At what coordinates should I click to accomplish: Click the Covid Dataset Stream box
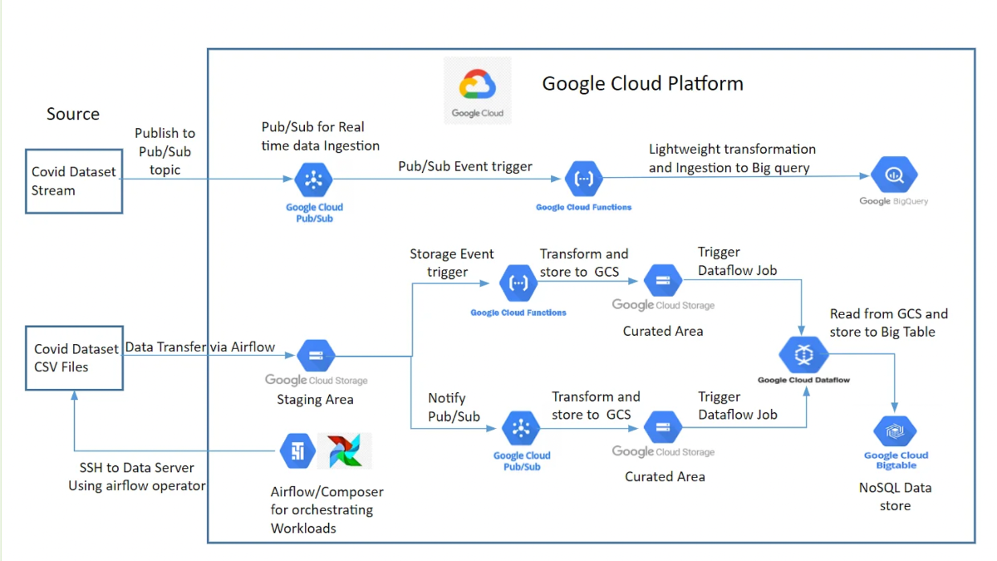(74, 181)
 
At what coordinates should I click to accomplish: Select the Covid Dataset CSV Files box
(74, 357)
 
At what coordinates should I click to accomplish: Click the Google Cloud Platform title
(642, 83)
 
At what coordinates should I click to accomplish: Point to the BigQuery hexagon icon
(894, 175)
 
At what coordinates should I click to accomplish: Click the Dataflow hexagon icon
(803, 355)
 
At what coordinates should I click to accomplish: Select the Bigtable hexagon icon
(895, 432)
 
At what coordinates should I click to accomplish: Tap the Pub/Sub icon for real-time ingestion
(314, 179)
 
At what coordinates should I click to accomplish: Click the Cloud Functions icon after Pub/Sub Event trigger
(583, 179)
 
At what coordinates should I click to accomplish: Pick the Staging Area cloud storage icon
(316, 356)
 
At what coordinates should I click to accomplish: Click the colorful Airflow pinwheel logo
(344, 451)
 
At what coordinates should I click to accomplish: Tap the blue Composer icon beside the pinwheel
(297, 451)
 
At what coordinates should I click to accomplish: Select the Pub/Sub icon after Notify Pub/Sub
(521, 428)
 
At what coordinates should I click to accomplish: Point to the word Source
(73, 114)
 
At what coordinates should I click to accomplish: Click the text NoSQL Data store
(895, 496)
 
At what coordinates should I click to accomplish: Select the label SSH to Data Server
(137, 468)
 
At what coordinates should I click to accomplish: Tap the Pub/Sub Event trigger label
(465, 166)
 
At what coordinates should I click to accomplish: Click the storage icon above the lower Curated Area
(662, 428)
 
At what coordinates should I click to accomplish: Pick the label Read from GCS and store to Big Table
(888, 322)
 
